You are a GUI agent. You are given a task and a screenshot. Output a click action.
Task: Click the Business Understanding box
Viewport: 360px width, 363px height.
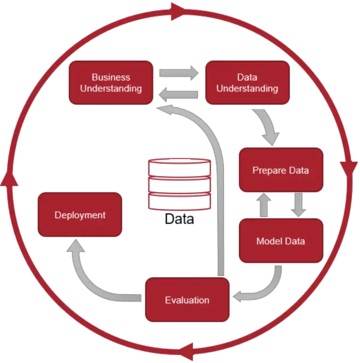[x=111, y=83]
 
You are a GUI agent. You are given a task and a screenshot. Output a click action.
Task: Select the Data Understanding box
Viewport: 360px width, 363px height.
[x=247, y=83]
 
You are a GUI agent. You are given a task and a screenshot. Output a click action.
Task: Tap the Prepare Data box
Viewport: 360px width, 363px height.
[x=281, y=170]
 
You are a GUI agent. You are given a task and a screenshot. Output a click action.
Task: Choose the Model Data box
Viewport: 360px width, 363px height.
[x=281, y=241]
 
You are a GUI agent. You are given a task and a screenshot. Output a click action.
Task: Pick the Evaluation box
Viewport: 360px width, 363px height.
[x=187, y=300]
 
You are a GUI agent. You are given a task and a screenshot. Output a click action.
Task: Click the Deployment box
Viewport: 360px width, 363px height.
[x=80, y=215]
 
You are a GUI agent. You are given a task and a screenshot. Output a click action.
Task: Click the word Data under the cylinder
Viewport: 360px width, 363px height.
[x=180, y=219]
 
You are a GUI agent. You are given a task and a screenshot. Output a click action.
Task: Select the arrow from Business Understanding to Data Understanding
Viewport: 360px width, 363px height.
[x=179, y=73]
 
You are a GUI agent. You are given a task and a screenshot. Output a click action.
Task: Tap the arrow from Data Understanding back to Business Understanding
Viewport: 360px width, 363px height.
[x=179, y=96]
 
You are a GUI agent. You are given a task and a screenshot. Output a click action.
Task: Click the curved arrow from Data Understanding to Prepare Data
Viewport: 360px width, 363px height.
[x=268, y=126]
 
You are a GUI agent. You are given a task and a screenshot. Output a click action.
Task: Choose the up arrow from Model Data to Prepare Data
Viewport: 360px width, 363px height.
[x=264, y=205]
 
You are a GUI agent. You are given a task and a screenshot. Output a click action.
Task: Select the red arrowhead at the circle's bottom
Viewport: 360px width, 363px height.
[x=188, y=351]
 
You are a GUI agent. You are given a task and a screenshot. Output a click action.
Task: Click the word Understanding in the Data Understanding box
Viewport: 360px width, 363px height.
[x=247, y=88]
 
